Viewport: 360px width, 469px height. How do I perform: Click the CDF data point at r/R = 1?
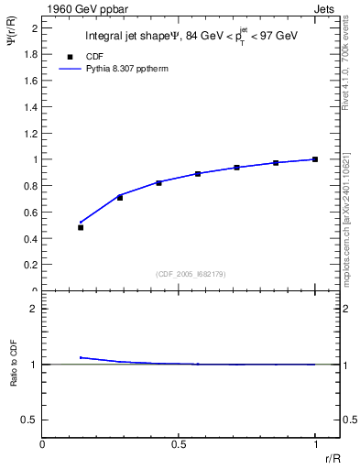[x=315, y=159]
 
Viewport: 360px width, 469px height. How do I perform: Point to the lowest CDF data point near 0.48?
[x=81, y=227]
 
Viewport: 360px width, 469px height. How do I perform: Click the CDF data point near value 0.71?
[x=120, y=197]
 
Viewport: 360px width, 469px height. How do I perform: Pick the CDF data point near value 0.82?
[x=158, y=182]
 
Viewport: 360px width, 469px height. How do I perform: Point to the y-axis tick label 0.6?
[x=29, y=212]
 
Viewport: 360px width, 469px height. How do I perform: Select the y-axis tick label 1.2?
[x=29, y=133]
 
